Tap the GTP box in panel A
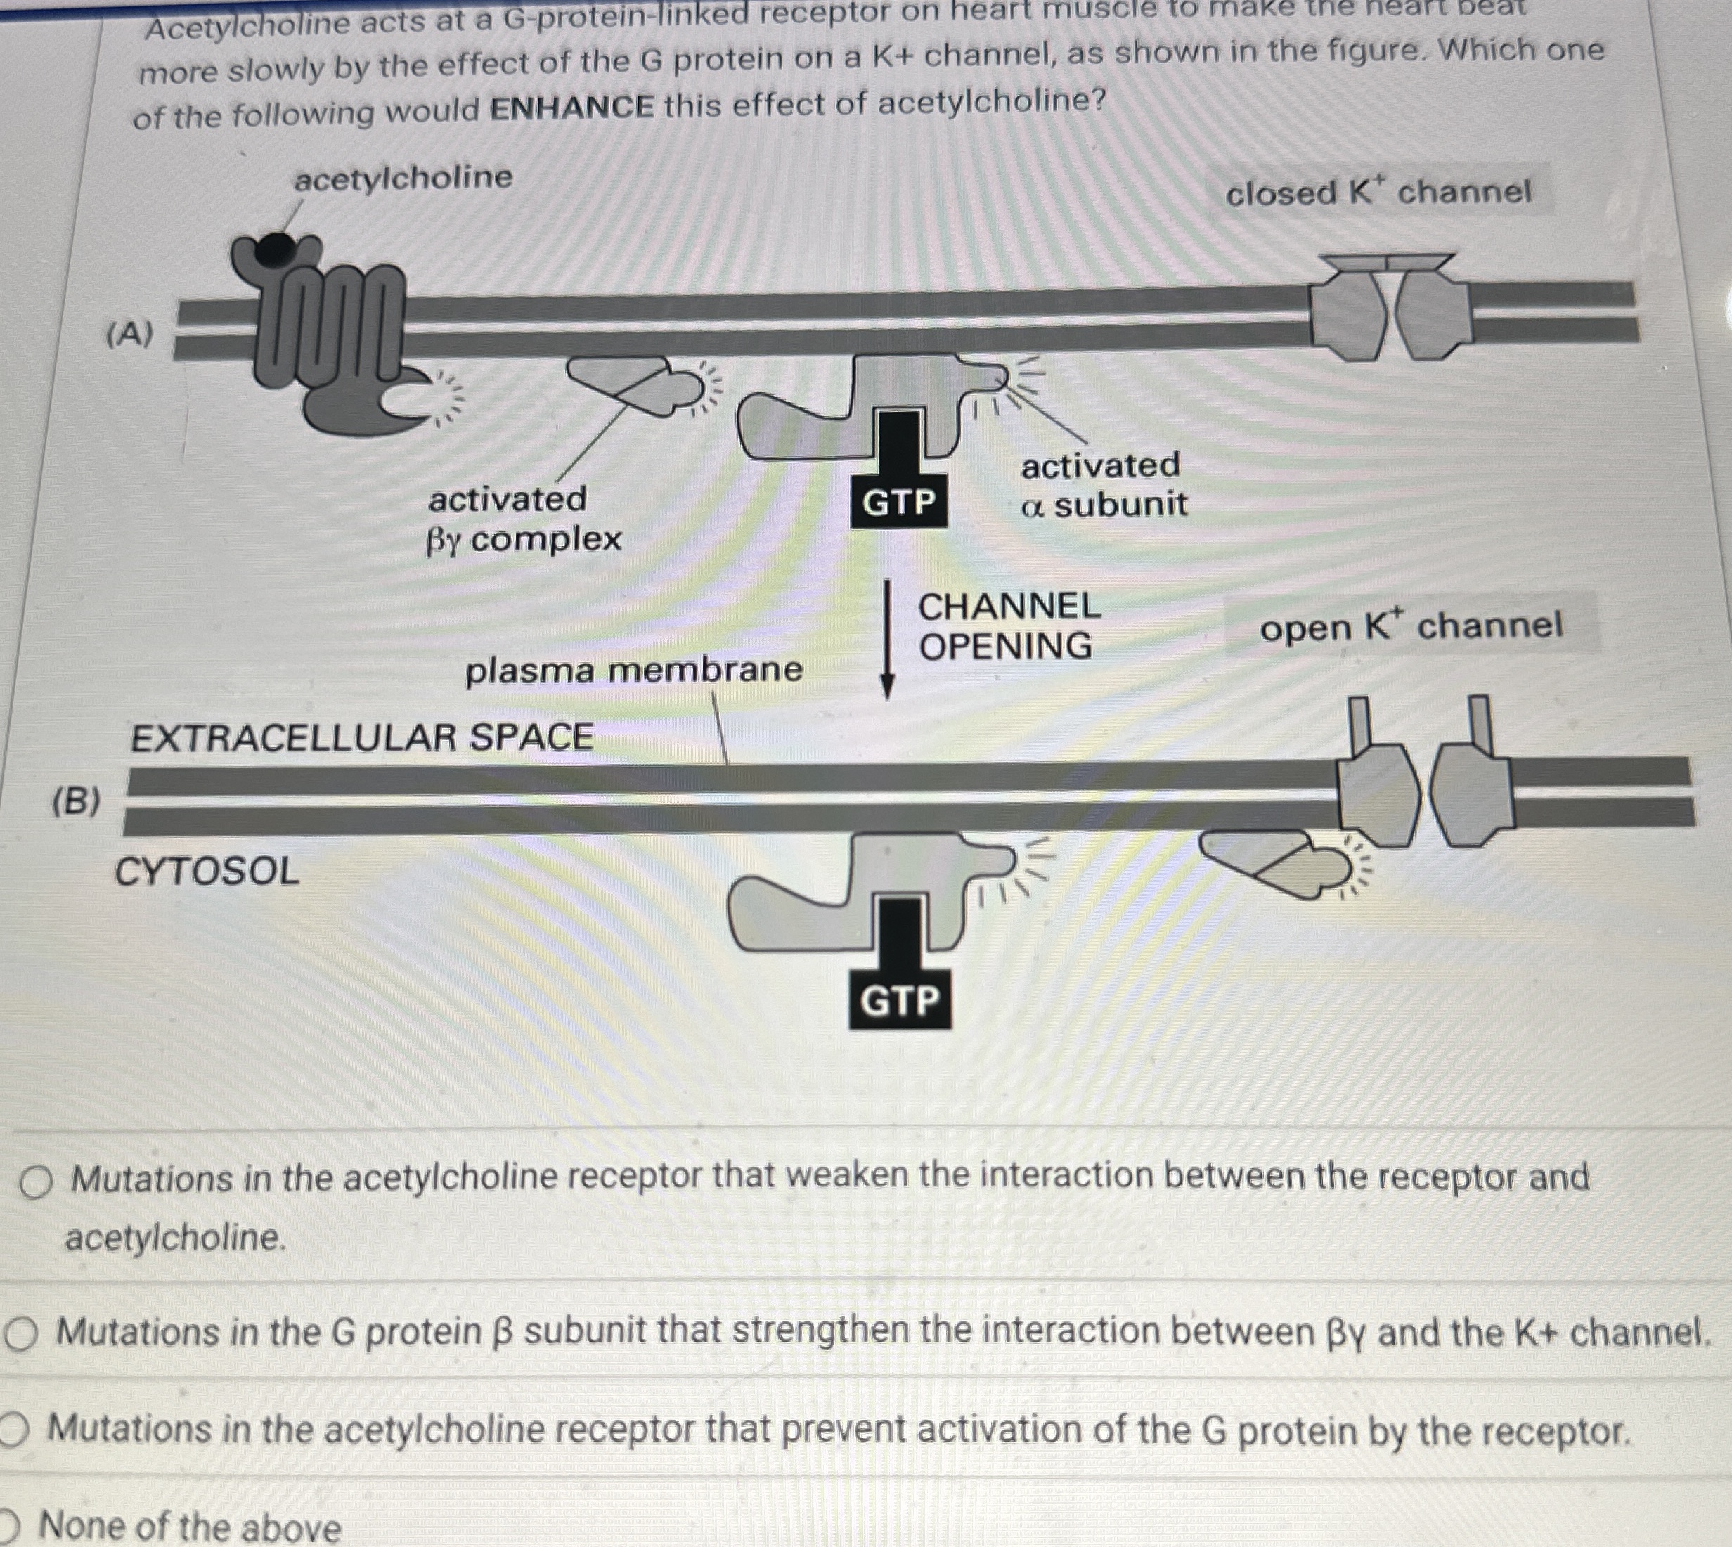[x=899, y=503]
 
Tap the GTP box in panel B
[x=899, y=1000]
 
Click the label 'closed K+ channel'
[x=1378, y=192]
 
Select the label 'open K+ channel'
[x=1411, y=626]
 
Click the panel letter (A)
[x=129, y=334]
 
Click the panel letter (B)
[x=76, y=801]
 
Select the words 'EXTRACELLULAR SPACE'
[x=362, y=736]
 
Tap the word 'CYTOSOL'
[x=207, y=872]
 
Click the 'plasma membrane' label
[x=633, y=670]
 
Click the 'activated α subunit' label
[x=1103, y=484]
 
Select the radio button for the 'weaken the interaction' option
[x=36, y=1182]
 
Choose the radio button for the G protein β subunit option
[x=20, y=1335]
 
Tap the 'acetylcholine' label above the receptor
[x=403, y=178]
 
